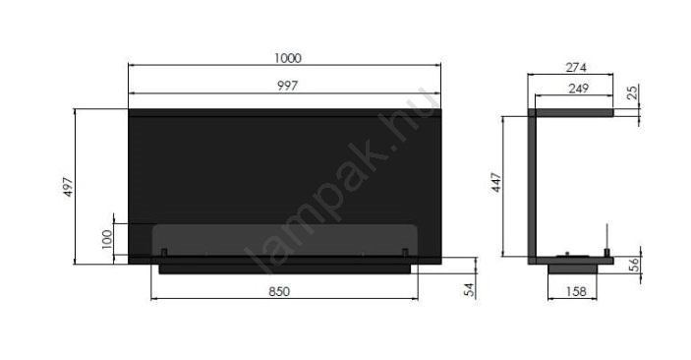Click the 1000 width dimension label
pos(288,58)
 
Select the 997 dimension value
pos(287,86)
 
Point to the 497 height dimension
pos(68,187)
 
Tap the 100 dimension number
pos(107,239)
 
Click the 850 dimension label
pos(279,291)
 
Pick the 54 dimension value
pos(470,289)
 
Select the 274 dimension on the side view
pos(576,68)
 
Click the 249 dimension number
pos(579,89)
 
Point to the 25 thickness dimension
pos(632,92)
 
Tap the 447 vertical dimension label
pos(496,183)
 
